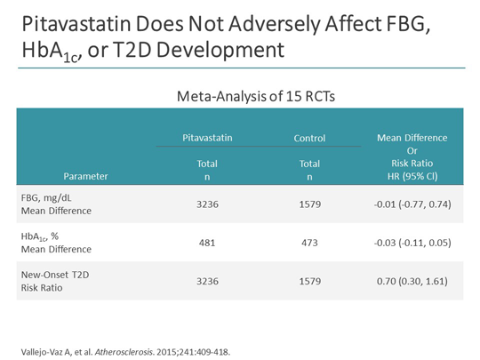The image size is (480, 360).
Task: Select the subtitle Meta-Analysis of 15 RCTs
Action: tap(239, 93)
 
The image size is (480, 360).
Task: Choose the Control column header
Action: tap(310, 138)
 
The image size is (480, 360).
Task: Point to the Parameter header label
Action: tap(86, 176)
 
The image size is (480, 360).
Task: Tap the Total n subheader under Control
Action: tap(310, 170)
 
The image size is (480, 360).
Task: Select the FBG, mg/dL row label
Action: tap(52, 198)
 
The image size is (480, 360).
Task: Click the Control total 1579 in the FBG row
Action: tap(310, 204)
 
